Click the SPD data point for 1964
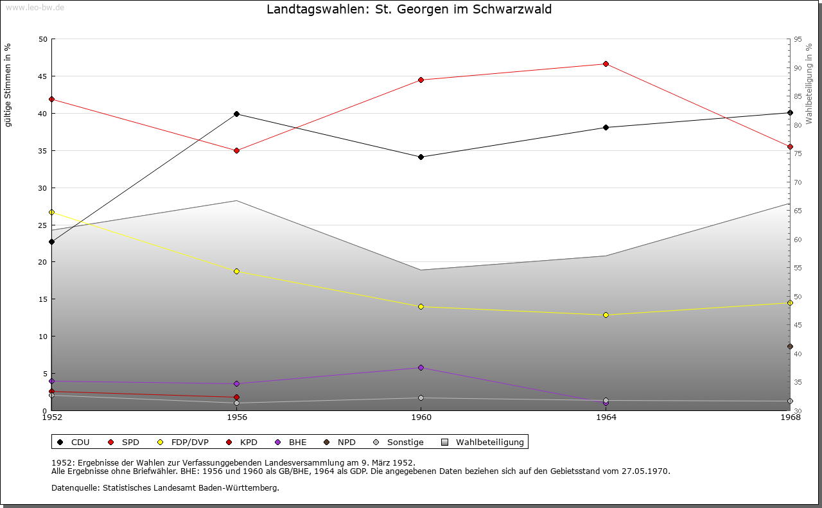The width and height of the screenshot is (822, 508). (606, 64)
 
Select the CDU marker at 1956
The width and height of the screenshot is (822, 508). (236, 114)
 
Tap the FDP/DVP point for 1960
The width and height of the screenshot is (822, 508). (421, 306)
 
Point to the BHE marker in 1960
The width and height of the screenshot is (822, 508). (421, 367)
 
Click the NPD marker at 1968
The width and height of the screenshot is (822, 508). (790, 346)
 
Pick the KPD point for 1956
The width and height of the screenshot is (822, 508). (236, 397)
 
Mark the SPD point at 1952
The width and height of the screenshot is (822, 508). (51, 99)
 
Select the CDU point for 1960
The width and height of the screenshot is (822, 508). (421, 157)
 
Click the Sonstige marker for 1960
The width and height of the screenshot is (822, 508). (421, 398)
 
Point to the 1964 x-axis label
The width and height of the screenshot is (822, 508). (606, 417)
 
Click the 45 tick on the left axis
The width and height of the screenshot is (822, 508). (42, 76)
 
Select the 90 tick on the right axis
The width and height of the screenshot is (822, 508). (798, 68)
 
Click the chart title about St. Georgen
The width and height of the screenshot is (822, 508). (409, 9)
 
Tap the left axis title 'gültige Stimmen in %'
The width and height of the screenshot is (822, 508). (8, 85)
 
